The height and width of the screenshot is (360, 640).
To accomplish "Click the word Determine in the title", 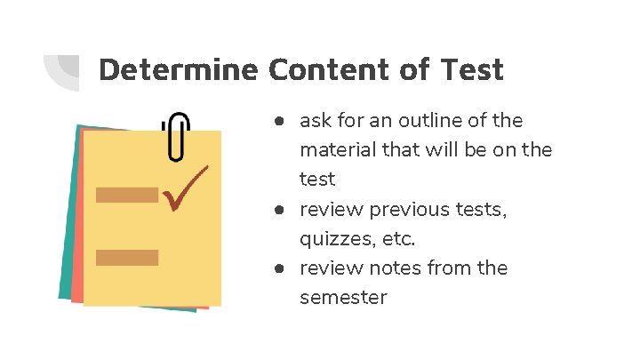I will click(179, 69).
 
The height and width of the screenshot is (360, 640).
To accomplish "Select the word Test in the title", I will click(471, 69).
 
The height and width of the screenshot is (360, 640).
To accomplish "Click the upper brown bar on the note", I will click(126, 195).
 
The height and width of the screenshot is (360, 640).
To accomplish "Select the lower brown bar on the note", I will click(126, 258).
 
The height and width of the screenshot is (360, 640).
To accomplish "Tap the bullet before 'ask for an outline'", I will click(278, 120).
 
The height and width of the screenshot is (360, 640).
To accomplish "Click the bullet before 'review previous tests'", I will click(278, 210).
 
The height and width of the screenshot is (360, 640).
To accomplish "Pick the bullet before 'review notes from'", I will click(278, 268).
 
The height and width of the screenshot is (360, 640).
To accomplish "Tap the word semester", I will click(343, 298).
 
